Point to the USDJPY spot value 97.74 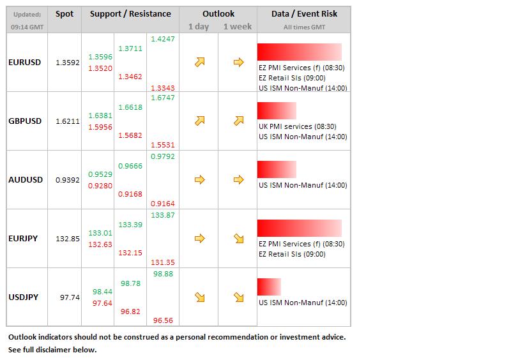[x=70, y=297]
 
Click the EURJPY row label [x=23, y=239]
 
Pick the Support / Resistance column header [x=130, y=13]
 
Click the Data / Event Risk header [x=304, y=13]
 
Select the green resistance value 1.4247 [x=163, y=39]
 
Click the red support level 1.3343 [x=163, y=87]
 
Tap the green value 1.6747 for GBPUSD [x=163, y=98]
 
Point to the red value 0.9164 [x=163, y=204]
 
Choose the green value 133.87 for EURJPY [x=163, y=215]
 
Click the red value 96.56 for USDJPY [x=163, y=321]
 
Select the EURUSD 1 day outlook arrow [x=199, y=63]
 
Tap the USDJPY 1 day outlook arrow [x=199, y=297]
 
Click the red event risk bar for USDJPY [x=269, y=287]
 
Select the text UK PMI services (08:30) [x=297, y=126]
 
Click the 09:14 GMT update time [x=26, y=27]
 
